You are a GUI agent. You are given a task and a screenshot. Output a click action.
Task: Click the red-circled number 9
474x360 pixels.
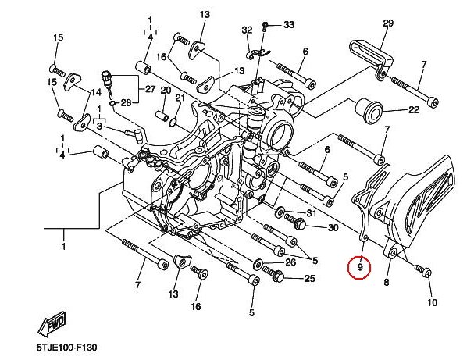(x=360, y=268)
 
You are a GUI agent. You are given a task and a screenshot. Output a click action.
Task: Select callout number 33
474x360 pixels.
(x=288, y=25)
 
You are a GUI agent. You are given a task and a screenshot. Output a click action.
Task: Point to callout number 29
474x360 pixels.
(x=387, y=23)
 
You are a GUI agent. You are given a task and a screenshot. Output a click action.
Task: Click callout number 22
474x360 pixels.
(x=414, y=110)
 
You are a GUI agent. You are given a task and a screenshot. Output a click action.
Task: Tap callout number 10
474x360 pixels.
(x=433, y=302)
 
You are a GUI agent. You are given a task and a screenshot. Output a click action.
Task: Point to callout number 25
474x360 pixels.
(x=309, y=278)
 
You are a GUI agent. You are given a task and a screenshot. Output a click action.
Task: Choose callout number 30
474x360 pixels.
(x=333, y=228)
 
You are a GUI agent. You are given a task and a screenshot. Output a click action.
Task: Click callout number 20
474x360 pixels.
(x=166, y=91)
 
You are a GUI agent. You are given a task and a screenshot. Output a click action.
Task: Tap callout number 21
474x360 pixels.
(x=180, y=98)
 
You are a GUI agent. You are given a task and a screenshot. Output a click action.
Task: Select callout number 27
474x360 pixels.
(x=150, y=89)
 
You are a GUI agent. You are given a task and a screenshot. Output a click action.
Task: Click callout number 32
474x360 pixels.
(x=247, y=30)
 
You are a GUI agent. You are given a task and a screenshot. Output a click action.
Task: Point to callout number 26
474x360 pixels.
(x=290, y=262)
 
